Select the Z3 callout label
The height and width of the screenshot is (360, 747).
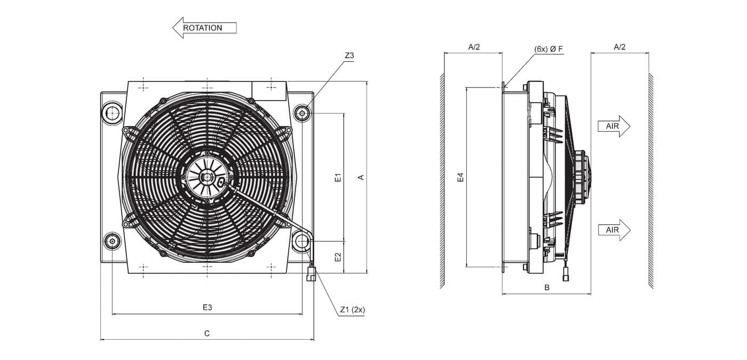[x=349, y=55]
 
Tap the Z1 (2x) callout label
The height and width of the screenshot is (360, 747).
[x=353, y=310]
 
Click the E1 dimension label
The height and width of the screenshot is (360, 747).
[x=338, y=177]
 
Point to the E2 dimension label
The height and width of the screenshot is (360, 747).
[x=338, y=257]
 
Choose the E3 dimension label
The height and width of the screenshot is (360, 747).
[x=208, y=307]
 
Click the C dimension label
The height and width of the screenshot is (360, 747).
[x=207, y=333]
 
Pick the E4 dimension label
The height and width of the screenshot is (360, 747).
[x=460, y=177]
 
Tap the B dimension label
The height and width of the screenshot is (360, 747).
[x=546, y=287]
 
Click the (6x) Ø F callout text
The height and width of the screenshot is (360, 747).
[x=549, y=49]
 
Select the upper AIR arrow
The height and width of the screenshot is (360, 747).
[x=614, y=126]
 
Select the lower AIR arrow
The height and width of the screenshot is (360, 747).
[x=614, y=230]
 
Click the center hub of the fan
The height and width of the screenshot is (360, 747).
[x=208, y=177]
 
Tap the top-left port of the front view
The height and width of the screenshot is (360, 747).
[x=113, y=113]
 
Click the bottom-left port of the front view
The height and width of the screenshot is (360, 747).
[x=113, y=241]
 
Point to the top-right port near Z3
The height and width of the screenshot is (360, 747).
[x=302, y=113]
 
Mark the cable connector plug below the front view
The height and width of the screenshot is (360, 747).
[x=311, y=273]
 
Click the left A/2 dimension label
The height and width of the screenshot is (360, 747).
[x=474, y=47]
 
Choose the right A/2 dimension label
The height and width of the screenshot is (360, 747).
[x=619, y=47]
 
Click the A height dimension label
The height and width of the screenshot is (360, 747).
[x=361, y=177]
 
